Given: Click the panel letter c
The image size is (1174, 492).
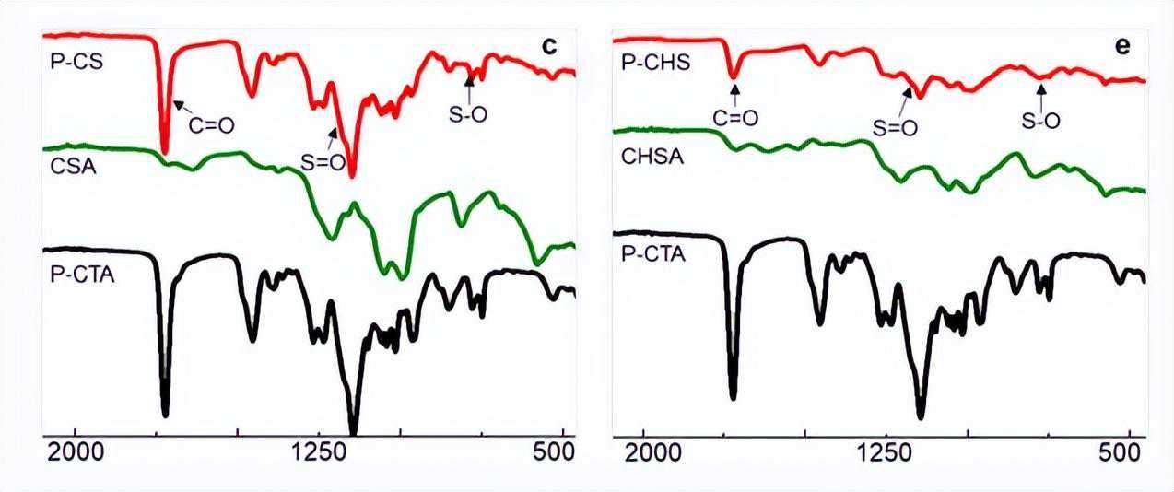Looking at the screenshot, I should coord(549,46).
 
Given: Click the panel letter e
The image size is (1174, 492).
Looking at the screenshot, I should coord(1122,47).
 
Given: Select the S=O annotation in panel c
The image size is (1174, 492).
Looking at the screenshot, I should coord(323,162).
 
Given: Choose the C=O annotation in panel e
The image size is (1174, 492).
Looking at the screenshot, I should coord(735,117).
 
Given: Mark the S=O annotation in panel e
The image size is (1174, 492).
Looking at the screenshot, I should coord(895,128).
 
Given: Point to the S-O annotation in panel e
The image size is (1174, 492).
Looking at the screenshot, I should coord(1041,120).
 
